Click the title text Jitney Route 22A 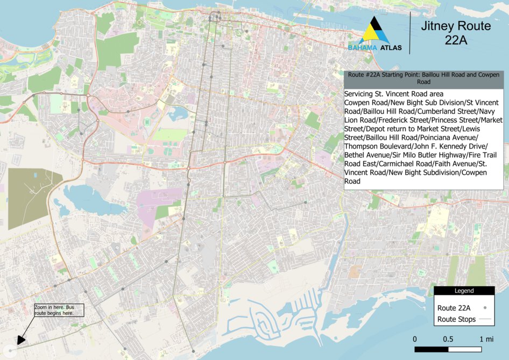click(455, 33)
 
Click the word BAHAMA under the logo click(362, 48)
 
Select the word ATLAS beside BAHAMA click(391, 48)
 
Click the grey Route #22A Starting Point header click(423, 78)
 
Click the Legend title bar click(464, 291)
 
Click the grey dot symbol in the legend click(485, 308)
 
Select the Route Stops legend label click(457, 319)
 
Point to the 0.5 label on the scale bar click(448, 340)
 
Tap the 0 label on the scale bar click(415, 340)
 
